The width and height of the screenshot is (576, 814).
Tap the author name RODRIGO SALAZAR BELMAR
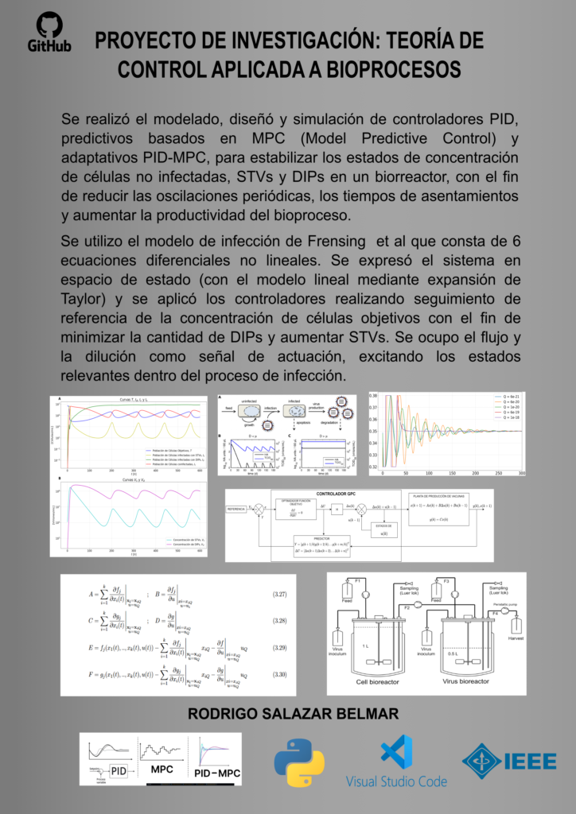[292, 715]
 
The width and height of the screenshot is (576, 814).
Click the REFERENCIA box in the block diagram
[236, 508]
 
